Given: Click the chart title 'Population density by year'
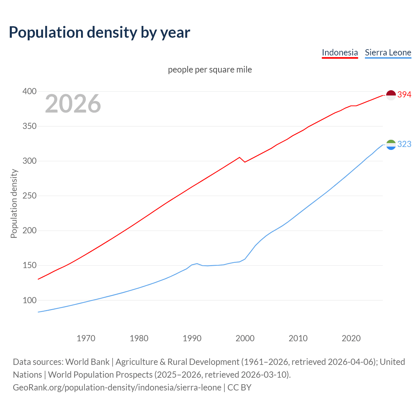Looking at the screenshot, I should pyautogui.click(x=99, y=32).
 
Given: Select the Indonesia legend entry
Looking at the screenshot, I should pyautogui.click(x=340, y=52).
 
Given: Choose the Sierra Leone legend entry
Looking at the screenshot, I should pyautogui.click(x=388, y=52).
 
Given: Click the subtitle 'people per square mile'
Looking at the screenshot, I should pyautogui.click(x=210, y=70).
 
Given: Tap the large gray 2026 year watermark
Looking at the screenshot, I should pyautogui.click(x=73, y=104).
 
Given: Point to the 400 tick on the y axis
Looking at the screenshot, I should pyautogui.click(x=29, y=91).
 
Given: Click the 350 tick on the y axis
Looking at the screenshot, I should pyautogui.click(x=29, y=126).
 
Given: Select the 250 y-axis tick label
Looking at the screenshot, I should pyautogui.click(x=29, y=196).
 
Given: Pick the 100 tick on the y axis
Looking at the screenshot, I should pyautogui.click(x=29, y=300).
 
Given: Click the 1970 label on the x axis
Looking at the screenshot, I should pyautogui.click(x=86, y=338).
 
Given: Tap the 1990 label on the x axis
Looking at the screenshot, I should pyautogui.click(x=192, y=338).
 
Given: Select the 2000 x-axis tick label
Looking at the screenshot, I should pyautogui.click(x=245, y=338).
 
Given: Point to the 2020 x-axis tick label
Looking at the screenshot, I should pyautogui.click(x=351, y=338).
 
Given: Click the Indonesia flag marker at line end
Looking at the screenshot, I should pyautogui.click(x=391, y=95).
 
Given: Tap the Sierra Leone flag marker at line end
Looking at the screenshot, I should pyautogui.click(x=391, y=144).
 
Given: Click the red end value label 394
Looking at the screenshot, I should pyautogui.click(x=404, y=94).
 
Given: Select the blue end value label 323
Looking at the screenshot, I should pyautogui.click(x=404, y=144).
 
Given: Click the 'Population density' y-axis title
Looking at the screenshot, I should pyautogui.click(x=14, y=203).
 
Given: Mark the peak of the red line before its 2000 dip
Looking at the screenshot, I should pyautogui.click(x=240, y=157).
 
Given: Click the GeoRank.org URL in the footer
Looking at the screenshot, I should pyautogui.click(x=117, y=387).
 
